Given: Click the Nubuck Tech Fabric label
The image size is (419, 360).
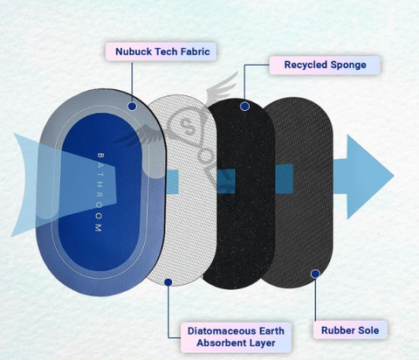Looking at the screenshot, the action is point(161,52).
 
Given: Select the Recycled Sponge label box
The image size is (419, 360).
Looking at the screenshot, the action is point(325,65).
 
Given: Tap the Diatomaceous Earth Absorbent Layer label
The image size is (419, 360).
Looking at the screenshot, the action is point(236,337).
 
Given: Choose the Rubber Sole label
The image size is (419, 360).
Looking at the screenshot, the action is point(350,330).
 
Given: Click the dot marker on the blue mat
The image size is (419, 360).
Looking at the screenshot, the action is point(132,107).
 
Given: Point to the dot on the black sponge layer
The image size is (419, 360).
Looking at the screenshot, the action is point(244,107).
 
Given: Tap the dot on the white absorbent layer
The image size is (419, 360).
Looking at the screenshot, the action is point(168,282).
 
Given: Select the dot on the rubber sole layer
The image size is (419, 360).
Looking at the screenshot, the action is point(315,273).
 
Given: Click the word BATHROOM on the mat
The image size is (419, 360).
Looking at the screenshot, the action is point(100,192).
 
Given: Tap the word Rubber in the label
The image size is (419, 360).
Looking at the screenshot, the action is point(334,330).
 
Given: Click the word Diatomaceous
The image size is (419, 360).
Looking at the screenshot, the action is point(221,331).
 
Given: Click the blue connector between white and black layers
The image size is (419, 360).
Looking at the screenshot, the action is point(226,181).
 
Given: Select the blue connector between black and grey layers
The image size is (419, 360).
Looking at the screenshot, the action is point(285,179).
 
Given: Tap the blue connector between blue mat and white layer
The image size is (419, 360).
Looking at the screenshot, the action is point(172,182).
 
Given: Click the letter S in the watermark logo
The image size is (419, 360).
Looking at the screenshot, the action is point(186,125).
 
